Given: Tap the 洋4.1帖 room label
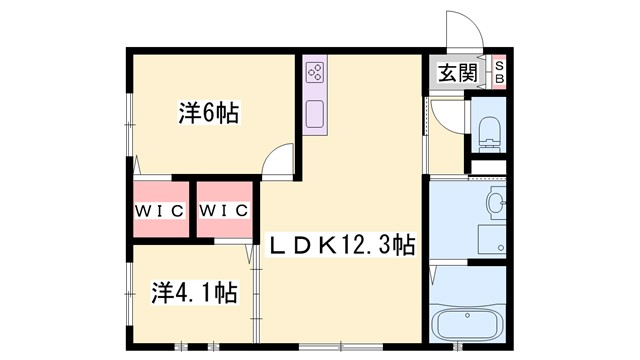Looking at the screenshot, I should tap(194, 293).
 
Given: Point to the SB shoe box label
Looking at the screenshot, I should tap(500, 72).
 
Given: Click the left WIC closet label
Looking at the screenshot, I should tap(159, 210).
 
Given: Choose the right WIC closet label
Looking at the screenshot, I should tap(224, 210).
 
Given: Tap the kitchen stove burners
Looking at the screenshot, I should tap(315, 70).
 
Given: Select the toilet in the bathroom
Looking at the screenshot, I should tap(490, 127).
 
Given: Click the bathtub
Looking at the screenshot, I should tap(469, 325).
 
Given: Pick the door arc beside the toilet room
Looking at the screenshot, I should tap(448, 114).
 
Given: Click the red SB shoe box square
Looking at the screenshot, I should tap(500, 72).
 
